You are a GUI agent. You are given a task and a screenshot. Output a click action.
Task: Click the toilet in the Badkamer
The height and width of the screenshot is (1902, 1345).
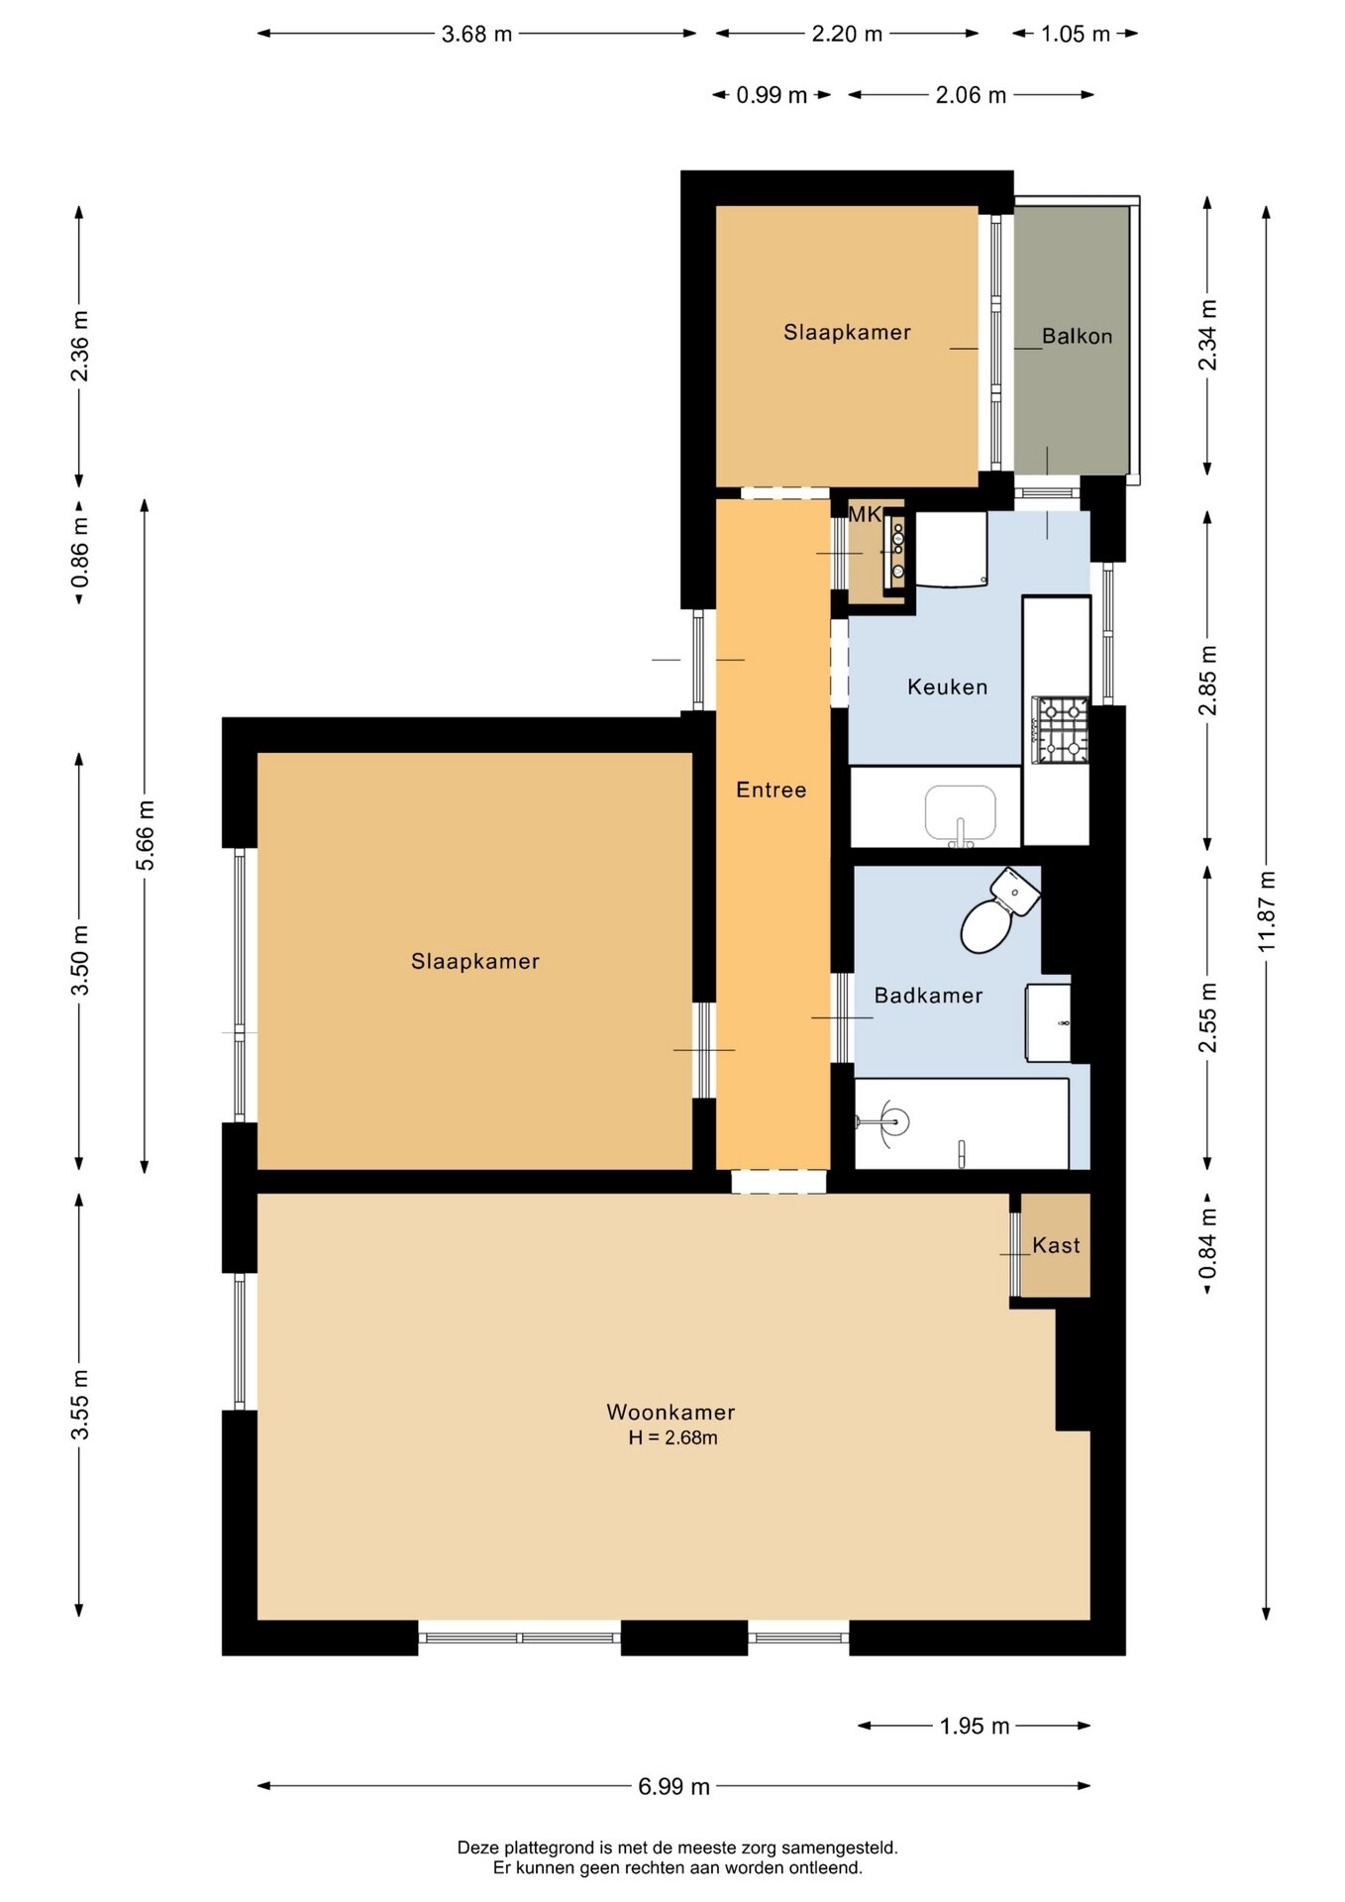tap(998, 909)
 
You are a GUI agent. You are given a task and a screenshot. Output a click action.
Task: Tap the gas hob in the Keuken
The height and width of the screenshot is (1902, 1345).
tap(1060, 730)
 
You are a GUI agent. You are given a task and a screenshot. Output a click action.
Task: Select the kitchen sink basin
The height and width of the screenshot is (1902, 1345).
tap(960, 813)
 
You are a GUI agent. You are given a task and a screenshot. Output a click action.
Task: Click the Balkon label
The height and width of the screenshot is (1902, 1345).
tap(1077, 337)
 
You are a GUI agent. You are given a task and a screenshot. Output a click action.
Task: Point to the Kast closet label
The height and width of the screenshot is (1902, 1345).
tap(1056, 1245)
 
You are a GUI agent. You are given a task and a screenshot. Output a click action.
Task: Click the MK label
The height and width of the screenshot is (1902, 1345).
tap(865, 514)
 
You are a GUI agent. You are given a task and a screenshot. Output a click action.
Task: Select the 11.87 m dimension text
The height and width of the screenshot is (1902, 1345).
tap(1267, 912)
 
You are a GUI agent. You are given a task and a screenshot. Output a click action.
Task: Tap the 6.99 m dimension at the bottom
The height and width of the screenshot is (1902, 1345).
tap(673, 1786)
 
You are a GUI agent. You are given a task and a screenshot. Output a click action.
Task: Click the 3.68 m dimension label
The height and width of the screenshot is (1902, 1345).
tap(476, 34)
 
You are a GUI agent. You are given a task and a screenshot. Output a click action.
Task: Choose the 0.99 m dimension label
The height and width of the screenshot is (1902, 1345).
tap(772, 95)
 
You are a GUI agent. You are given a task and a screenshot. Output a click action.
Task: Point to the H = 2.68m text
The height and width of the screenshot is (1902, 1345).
tap(672, 1437)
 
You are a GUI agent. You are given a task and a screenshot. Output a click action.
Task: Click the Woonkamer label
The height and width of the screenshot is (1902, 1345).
tap(671, 1412)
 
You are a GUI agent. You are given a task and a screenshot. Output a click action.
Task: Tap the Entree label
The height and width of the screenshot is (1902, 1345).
tap(771, 790)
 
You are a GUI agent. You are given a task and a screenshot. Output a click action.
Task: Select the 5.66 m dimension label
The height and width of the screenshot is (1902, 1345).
tap(146, 835)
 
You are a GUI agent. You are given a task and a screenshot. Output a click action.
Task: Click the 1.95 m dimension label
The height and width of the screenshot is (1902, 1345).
tap(975, 1726)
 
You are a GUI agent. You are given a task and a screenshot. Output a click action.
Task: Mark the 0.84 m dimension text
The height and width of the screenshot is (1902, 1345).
tap(1207, 1245)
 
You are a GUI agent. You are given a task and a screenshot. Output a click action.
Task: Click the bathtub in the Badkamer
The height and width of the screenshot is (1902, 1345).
tap(962, 1123)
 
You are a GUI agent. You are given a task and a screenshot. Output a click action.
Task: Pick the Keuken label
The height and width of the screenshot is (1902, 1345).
tap(947, 687)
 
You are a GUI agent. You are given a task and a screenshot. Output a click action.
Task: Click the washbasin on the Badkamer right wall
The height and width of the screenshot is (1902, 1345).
tap(1048, 1022)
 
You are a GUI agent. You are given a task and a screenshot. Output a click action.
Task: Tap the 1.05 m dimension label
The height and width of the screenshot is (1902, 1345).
tap(1076, 34)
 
